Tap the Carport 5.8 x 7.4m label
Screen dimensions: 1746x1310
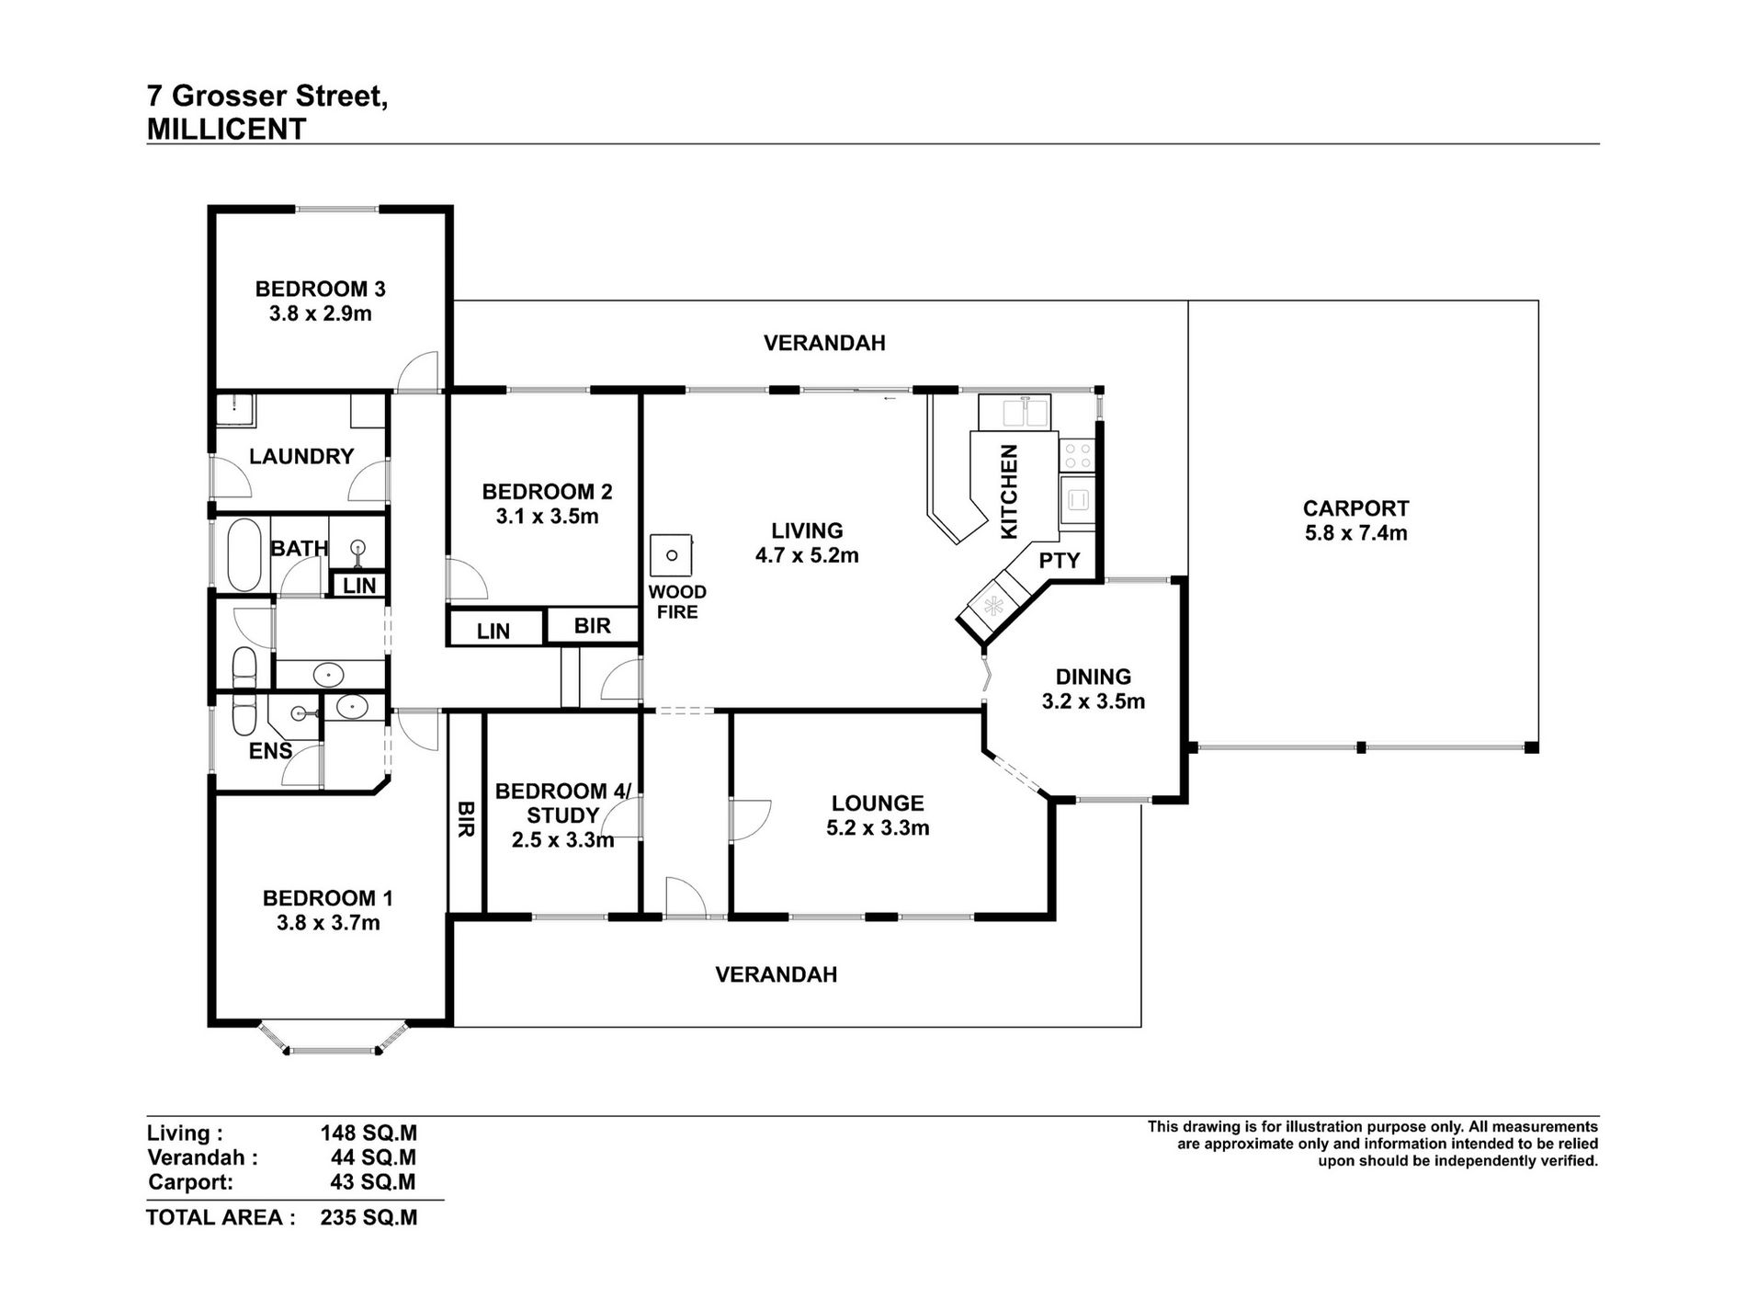coord(1355,520)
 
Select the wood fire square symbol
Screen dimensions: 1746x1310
coord(672,555)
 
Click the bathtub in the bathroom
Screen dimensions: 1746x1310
coord(243,555)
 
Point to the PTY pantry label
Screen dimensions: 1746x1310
coord(1060,561)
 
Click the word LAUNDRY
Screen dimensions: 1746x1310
coord(301,456)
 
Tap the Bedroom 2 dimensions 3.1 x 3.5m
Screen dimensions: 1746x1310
coord(547,517)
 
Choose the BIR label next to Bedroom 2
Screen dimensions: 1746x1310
coord(592,626)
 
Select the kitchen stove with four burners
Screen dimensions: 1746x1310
coord(1078,453)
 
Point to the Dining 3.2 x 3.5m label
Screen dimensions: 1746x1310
coord(1093,689)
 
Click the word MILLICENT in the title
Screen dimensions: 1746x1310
coord(226,130)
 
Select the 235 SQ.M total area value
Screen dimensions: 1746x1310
coord(368,1218)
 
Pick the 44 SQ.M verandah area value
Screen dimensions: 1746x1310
coord(373,1157)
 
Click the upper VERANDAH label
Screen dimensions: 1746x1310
coord(824,343)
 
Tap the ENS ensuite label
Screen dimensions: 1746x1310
coord(270,751)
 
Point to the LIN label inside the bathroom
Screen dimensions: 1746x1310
coord(359,586)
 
